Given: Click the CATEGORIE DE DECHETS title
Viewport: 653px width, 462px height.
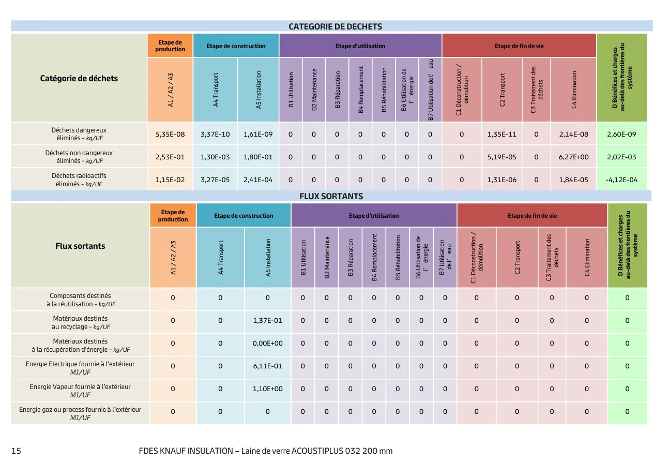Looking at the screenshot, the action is (x=335, y=26).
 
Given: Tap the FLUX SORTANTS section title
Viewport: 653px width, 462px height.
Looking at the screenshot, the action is (x=331, y=196).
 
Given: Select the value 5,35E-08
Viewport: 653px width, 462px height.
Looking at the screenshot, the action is (x=170, y=134).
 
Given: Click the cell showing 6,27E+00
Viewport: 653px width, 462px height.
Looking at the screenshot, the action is (x=573, y=157).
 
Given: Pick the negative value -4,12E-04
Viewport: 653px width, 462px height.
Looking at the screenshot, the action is (x=621, y=180).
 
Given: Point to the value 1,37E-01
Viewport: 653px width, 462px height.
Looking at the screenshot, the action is (x=267, y=321).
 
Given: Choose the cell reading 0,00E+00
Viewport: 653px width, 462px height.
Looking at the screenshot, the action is (x=267, y=344).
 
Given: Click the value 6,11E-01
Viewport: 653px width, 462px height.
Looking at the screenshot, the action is (x=267, y=366).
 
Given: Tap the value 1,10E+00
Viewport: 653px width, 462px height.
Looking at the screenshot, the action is (x=267, y=389).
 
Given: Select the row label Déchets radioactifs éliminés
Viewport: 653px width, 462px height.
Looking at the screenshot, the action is (x=79, y=180).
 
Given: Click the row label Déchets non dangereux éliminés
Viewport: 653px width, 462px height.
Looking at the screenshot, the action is (x=79, y=157).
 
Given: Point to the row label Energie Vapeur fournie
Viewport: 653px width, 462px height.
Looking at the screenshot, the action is (x=80, y=391).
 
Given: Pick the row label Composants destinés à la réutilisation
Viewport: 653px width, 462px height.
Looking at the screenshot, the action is (x=80, y=300).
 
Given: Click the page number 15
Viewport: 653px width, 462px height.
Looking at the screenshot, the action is (x=16, y=451).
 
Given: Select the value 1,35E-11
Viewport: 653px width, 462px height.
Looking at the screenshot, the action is (x=502, y=134).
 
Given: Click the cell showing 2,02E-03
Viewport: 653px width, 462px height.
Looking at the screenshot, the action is (x=621, y=157).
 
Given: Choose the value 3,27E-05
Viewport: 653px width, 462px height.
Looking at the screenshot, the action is (x=215, y=180).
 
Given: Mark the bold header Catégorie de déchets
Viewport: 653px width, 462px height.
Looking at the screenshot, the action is (x=79, y=79).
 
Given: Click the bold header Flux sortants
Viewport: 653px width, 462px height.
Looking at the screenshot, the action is (x=80, y=246).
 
